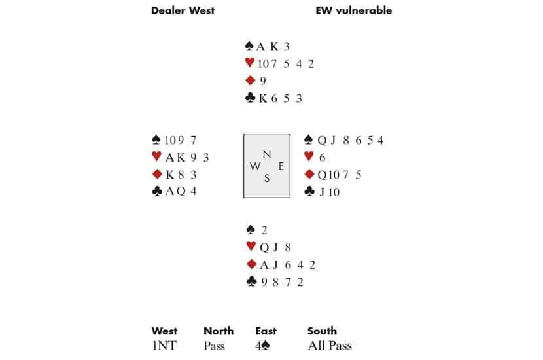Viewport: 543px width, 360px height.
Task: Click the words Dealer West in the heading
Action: coord(183,10)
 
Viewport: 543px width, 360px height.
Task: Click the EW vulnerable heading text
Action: coord(354,10)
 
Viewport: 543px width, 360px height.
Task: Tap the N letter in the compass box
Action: coord(266,154)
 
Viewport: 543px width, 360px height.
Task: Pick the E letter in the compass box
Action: coord(281,166)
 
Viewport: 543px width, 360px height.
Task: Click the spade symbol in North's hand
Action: coord(249,46)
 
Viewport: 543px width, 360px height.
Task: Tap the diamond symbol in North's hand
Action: coord(249,81)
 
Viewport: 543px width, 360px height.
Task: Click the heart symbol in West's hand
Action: coord(156,157)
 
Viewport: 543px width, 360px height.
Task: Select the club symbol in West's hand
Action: coord(156,192)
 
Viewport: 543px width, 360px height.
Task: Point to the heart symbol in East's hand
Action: coord(310,157)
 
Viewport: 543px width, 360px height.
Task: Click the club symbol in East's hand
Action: coord(310,192)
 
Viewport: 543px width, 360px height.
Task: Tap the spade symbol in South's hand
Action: coord(249,230)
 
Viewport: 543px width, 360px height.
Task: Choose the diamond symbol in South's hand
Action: coord(249,265)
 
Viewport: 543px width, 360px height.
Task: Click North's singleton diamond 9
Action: coord(262,82)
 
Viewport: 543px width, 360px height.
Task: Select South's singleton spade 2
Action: coord(264,230)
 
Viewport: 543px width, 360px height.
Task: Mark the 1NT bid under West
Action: coord(164,346)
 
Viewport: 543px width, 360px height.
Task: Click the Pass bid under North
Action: coord(215,346)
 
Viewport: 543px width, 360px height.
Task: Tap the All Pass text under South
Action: coord(330,346)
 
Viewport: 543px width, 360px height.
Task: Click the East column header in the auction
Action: coord(266,331)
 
